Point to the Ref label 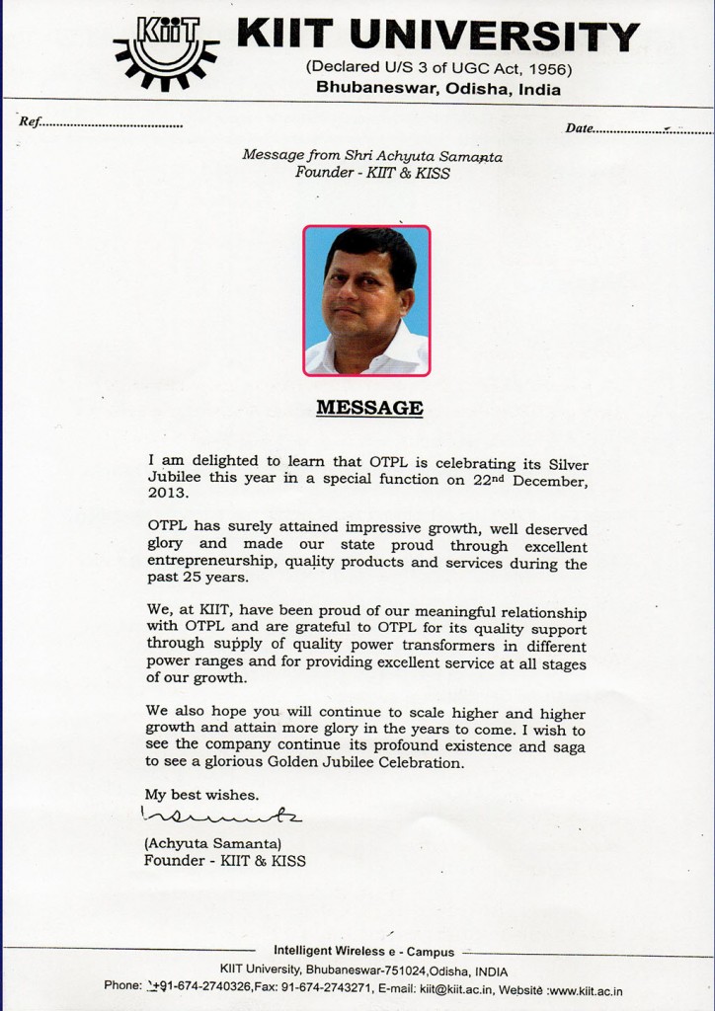coord(31,123)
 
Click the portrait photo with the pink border coord(366,300)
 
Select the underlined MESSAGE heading coord(368,407)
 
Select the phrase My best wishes coord(202,794)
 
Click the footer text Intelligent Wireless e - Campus coord(364,951)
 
